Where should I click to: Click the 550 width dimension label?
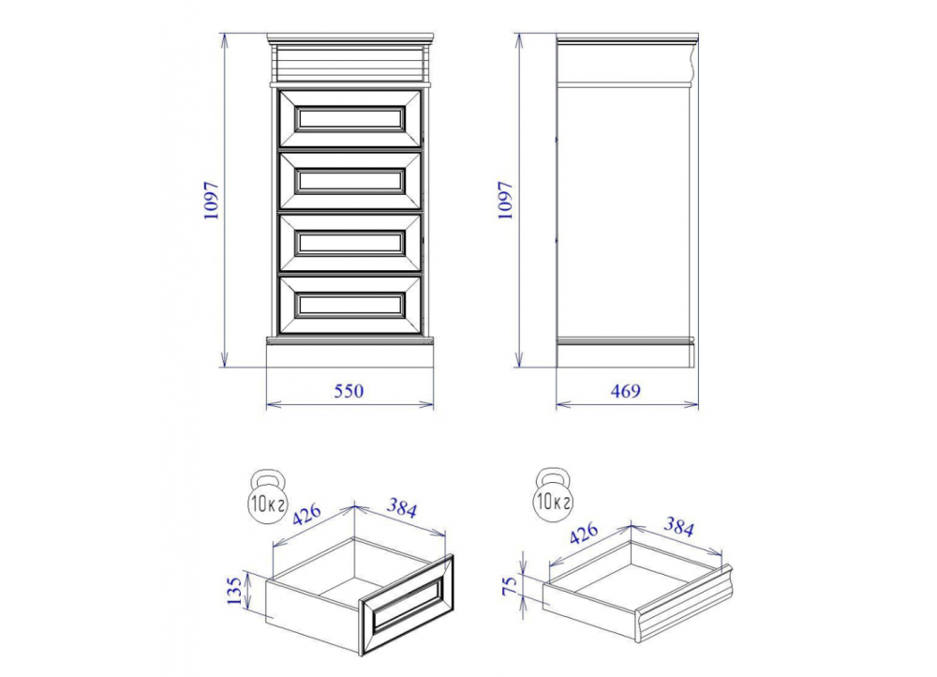(x=349, y=391)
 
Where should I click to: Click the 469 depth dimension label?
(x=625, y=391)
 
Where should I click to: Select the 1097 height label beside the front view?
(x=212, y=201)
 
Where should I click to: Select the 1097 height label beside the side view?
(x=506, y=201)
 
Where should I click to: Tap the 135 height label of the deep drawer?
(x=237, y=591)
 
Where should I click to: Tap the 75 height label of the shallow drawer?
(x=511, y=586)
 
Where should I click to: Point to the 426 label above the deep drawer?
(x=307, y=515)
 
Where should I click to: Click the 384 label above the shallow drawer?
(x=678, y=528)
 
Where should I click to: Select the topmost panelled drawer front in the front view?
(x=350, y=118)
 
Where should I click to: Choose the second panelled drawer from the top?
(x=350, y=181)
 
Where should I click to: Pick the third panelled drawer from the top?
(x=350, y=243)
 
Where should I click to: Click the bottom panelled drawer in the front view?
(x=350, y=305)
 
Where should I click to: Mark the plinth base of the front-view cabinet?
(x=350, y=353)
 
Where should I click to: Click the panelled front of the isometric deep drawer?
(x=407, y=604)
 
